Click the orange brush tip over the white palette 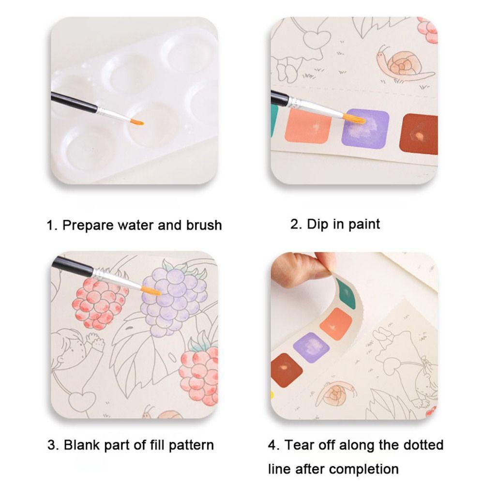[137, 122]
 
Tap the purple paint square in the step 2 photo [365, 129]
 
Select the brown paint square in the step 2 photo [419, 134]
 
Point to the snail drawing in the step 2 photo [401, 65]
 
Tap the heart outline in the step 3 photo [82, 400]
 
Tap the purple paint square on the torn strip [311, 347]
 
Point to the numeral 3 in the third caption [52, 445]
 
